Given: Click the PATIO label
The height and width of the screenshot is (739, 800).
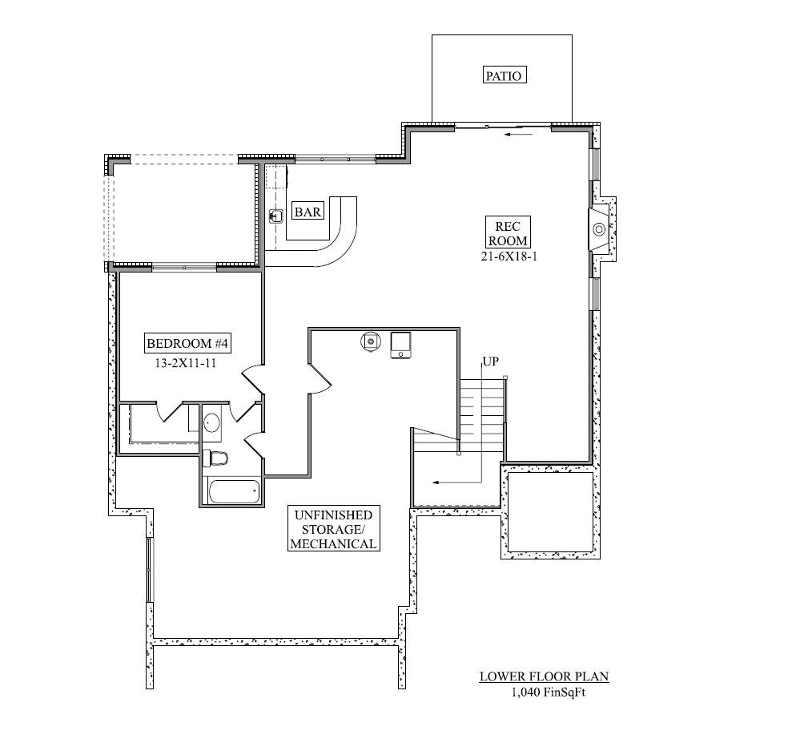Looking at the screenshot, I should tap(504, 76).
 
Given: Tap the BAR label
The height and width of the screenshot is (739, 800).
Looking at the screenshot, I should tap(308, 212).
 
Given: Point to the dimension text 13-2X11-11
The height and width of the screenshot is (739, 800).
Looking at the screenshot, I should tap(187, 362).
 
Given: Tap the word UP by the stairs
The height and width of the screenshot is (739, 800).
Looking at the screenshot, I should tap(490, 361).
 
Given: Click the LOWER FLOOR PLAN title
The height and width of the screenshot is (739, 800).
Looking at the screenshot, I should tap(544, 676).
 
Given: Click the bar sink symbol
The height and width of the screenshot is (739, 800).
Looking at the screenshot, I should tap(276, 216).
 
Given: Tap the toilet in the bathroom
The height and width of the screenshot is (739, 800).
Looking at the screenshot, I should tap(216, 458).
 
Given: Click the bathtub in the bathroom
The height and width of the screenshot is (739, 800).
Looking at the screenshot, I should tap(233, 491).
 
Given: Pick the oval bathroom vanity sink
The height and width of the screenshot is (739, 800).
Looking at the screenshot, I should tap(212, 422).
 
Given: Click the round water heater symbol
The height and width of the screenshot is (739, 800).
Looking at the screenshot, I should tap(371, 341).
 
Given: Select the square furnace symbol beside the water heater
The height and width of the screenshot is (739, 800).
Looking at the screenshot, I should tap(400, 344).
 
